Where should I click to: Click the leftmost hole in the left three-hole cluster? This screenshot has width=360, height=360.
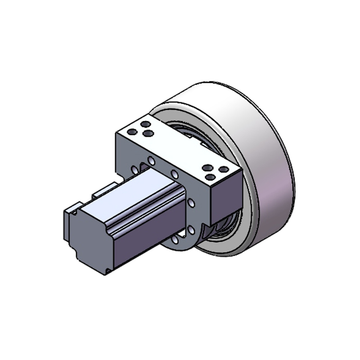point(132,132)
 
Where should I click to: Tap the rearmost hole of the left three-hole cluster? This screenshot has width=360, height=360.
point(145,124)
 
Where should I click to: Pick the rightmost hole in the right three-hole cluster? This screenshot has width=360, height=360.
point(223,170)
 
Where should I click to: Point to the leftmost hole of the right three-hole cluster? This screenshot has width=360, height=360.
point(207,168)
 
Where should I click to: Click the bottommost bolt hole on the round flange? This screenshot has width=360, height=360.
point(176,240)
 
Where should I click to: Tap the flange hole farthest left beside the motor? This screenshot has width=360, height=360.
point(134,170)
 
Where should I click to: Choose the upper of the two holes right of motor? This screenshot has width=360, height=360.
point(191,204)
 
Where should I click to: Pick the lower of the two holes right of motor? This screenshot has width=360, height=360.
point(191,230)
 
